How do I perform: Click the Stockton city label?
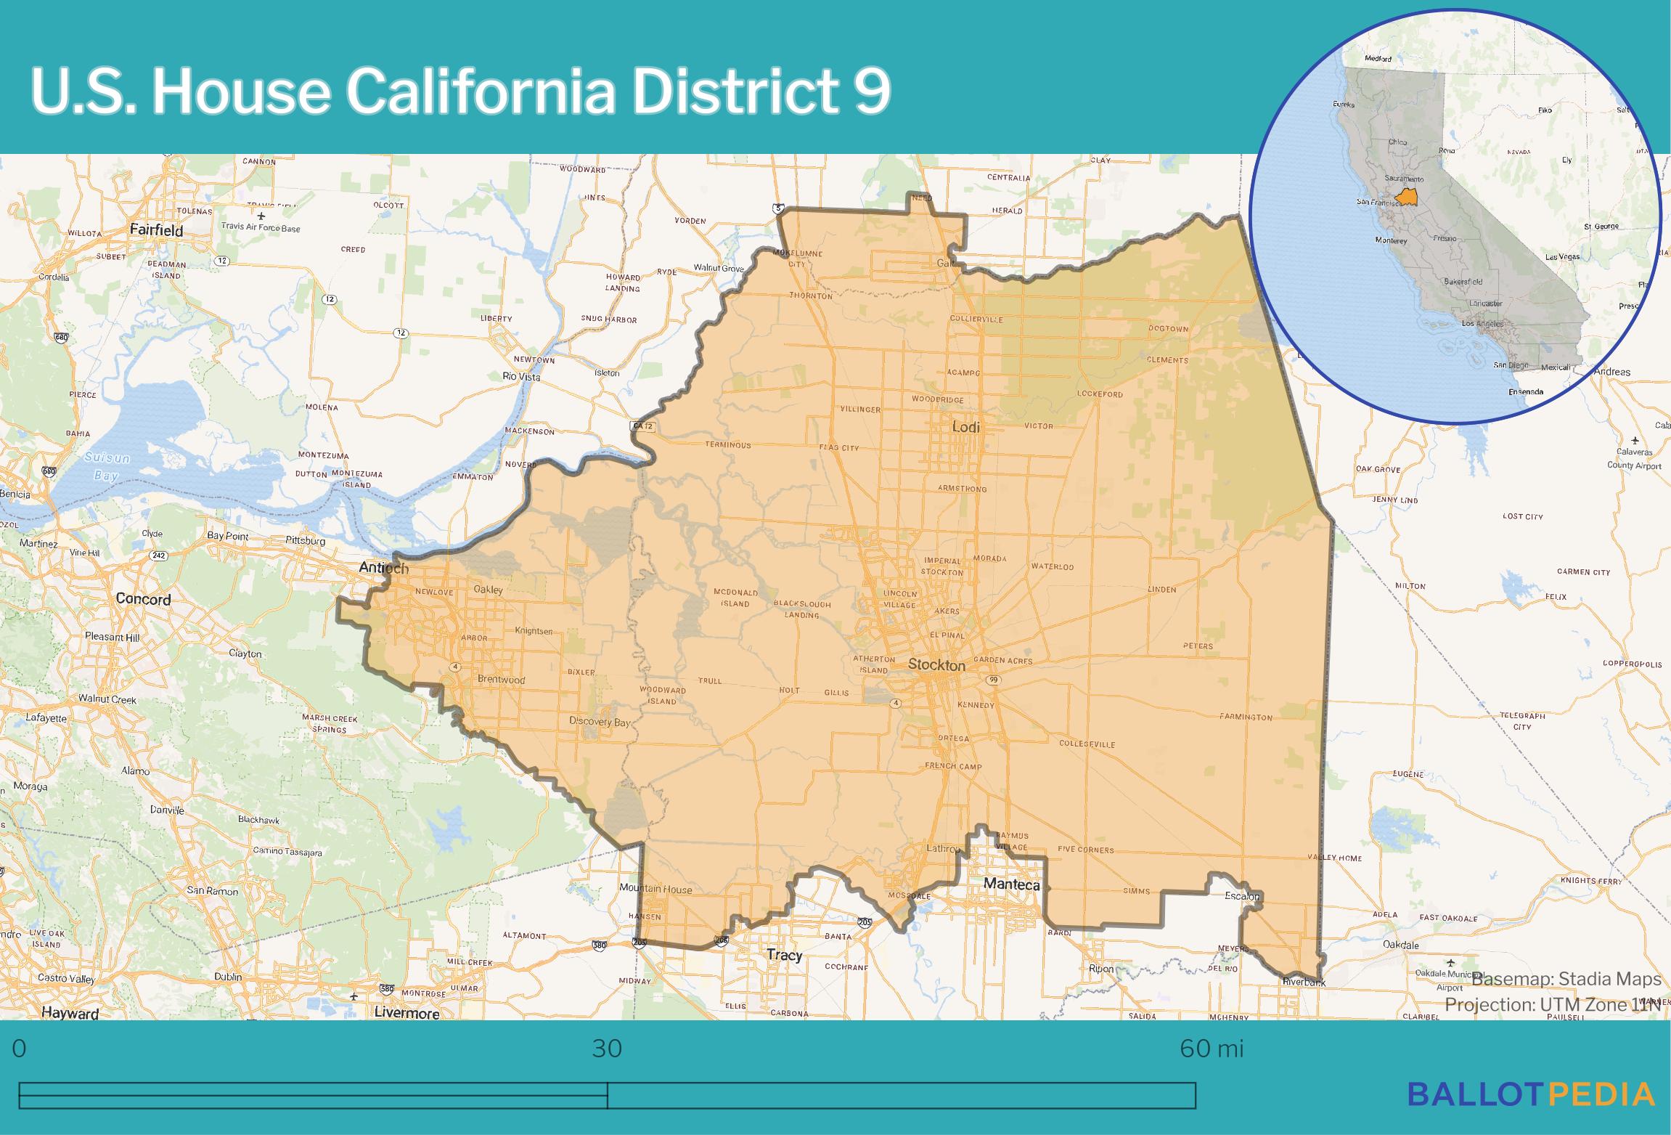(x=936, y=664)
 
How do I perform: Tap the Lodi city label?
(x=965, y=427)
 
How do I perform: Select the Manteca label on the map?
(x=1011, y=884)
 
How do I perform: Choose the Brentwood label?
(x=501, y=680)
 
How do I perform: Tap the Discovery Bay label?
(x=600, y=722)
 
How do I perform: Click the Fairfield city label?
(x=156, y=229)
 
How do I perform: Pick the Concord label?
(x=143, y=599)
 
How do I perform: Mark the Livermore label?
(x=407, y=1013)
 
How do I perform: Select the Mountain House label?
(x=655, y=889)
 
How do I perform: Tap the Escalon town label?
(x=1241, y=896)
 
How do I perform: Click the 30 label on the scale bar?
(x=607, y=1049)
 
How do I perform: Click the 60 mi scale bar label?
(x=1212, y=1049)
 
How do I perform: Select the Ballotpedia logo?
(x=1531, y=1113)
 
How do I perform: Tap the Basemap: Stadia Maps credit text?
(x=1566, y=980)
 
